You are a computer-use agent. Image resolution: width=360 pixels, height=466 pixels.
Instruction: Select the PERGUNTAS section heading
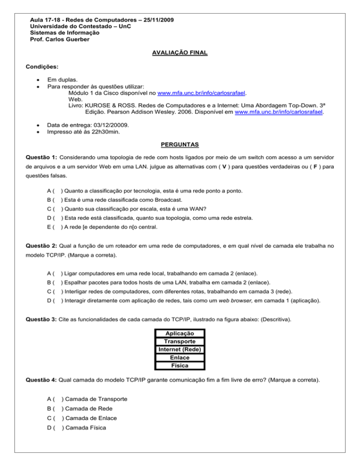pos(180,143)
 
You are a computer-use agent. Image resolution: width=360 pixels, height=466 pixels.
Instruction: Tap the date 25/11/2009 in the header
pos(161,20)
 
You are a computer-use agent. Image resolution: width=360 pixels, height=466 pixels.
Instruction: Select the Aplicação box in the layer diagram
pos(180,333)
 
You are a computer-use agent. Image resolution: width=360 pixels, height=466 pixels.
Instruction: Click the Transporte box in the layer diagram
pos(180,341)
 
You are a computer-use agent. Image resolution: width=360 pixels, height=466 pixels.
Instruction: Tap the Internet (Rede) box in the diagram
pos(180,349)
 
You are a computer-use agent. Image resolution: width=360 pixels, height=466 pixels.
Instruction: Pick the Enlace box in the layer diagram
pos(180,357)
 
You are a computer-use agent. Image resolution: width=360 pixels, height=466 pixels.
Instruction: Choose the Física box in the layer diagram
pos(180,365)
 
